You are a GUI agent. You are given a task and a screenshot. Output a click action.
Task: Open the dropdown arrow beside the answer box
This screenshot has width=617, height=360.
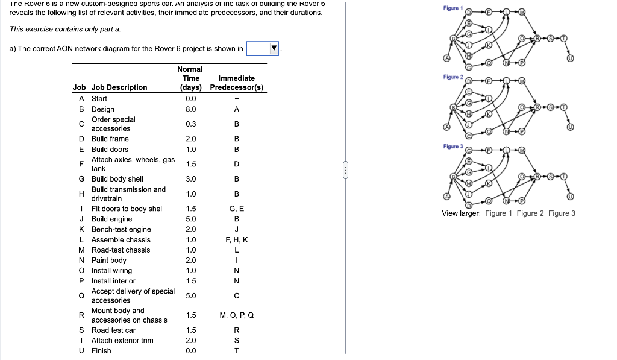click(274, 49)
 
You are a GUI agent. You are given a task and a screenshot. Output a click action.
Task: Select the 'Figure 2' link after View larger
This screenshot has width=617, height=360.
click(530, 213)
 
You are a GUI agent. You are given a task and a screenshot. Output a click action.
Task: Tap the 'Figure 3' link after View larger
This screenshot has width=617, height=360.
click(562, 213)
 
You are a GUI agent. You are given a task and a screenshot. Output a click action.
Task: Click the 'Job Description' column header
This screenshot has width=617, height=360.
click(119, 87)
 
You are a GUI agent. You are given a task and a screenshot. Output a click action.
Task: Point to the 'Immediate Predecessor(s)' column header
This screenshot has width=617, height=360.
click(236, 83)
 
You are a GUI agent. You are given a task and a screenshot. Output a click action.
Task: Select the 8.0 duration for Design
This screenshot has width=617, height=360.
click(191, 109)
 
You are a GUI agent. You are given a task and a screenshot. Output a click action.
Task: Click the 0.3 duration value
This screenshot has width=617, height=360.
click(191, 124)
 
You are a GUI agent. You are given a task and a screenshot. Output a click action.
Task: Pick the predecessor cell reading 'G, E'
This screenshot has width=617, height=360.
click(236, 209)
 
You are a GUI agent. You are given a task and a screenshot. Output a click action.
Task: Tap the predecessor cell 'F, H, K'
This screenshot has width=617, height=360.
click(236, 239)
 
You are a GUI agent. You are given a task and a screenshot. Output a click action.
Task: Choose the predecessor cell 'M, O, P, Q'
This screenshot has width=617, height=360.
click(236, 315)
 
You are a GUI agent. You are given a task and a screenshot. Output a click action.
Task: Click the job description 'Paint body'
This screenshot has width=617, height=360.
click(109, 260)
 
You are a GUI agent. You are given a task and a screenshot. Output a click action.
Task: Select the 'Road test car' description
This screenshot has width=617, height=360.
click(113, 330)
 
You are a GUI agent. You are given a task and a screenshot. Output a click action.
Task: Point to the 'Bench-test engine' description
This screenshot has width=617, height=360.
click(121, 229)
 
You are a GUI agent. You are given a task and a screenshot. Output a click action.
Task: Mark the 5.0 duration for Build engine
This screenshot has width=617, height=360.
click(191, 219)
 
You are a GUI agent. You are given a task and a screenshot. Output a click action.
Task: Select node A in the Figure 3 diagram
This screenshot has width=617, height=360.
click(446, 197)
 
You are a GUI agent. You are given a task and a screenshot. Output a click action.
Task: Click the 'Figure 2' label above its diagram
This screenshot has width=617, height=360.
click(453, 77)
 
